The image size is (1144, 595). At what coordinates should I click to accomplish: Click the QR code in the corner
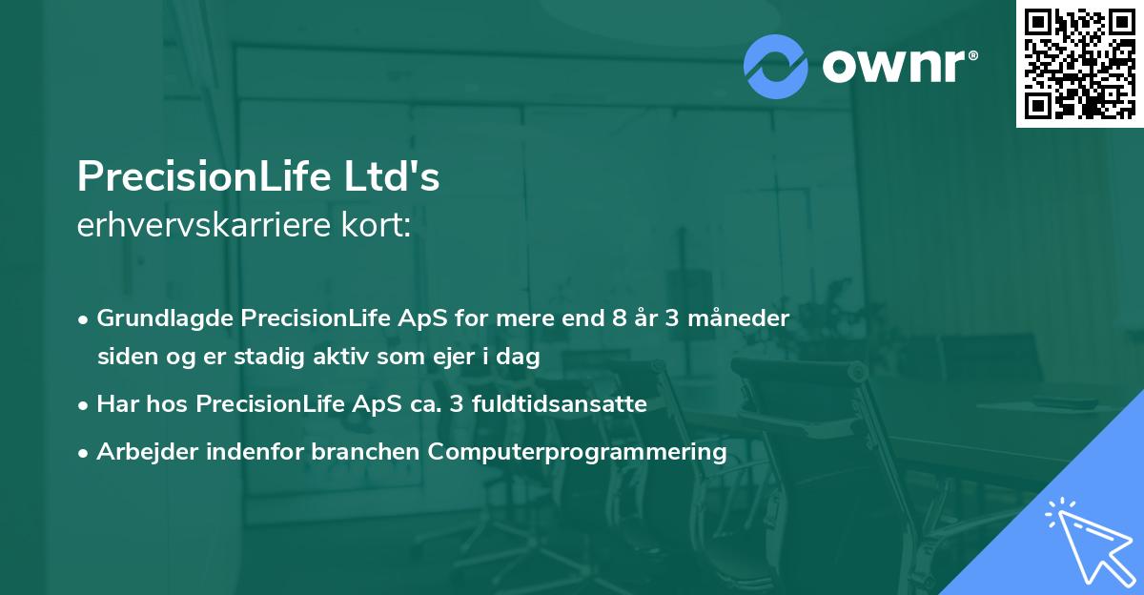coord(1079,64)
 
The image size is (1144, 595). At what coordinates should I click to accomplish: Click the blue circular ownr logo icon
coord(776,67)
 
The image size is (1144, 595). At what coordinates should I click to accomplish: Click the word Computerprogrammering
coord(578,451)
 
